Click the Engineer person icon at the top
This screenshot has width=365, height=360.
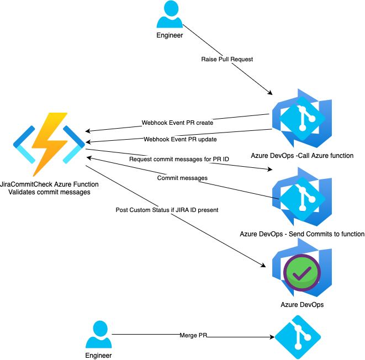(170, 15)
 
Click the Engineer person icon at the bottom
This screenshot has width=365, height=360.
(98, 335)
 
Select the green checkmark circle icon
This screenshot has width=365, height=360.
(301, 271)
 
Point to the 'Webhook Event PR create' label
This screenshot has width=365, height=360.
(177, 123)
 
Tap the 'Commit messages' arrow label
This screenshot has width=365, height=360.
(182, 178)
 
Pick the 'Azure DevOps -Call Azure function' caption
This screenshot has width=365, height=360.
(302, 155)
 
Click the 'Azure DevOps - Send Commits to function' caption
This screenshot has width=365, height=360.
(302, 234)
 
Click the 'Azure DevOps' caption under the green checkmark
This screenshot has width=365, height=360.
(302, 304)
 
